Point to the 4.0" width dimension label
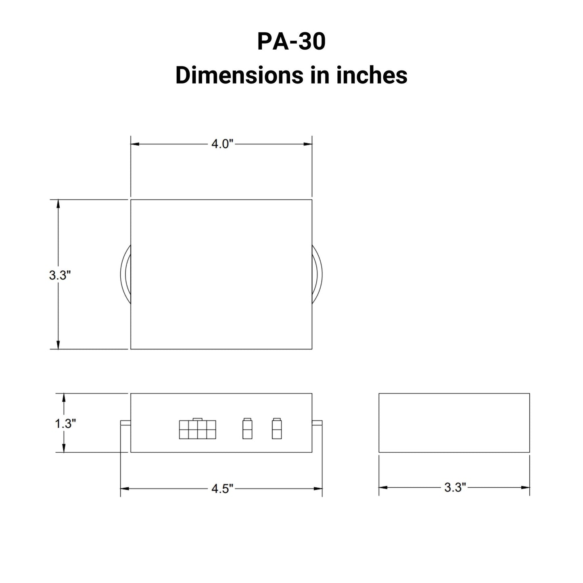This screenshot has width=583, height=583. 222,144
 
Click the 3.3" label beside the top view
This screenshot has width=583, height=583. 60,276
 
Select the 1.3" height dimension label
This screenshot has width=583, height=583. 65,424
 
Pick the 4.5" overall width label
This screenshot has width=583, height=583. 222,489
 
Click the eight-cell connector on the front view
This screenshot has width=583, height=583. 197,429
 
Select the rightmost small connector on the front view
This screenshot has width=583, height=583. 276,429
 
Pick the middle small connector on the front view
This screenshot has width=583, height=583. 247,429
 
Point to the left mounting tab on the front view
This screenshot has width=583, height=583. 125,423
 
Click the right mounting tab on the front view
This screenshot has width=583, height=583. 317,423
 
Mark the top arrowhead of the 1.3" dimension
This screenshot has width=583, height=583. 63,397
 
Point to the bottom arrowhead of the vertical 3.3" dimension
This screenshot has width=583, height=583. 58,345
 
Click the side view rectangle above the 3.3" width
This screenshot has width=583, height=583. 454,422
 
